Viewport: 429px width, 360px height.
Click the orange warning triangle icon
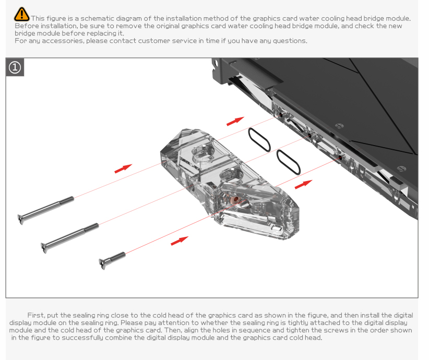tap(21, 14)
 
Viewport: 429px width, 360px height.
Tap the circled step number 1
tap(15, 67)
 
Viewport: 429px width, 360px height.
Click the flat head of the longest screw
tap(20, 220)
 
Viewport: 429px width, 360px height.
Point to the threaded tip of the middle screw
tap(91, 227)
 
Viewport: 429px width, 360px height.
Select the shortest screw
tap(112, 260)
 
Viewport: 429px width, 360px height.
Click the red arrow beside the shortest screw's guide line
tap(180, 241)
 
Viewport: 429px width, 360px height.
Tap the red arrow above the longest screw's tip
tap(123, 169)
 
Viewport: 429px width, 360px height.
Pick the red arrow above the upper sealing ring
tap(235, 121)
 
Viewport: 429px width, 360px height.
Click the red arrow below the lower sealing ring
tap(303, 184)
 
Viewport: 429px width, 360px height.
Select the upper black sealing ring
tap(259, 139)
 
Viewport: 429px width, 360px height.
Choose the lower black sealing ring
tap(289, 162)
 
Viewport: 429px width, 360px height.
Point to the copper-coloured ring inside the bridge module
tap(235, 200)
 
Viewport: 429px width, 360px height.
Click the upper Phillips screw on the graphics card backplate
tap(339, 126)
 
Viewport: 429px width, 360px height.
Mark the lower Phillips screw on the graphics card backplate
tap(401, 169)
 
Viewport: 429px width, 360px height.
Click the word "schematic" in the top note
tap(97, 19)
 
